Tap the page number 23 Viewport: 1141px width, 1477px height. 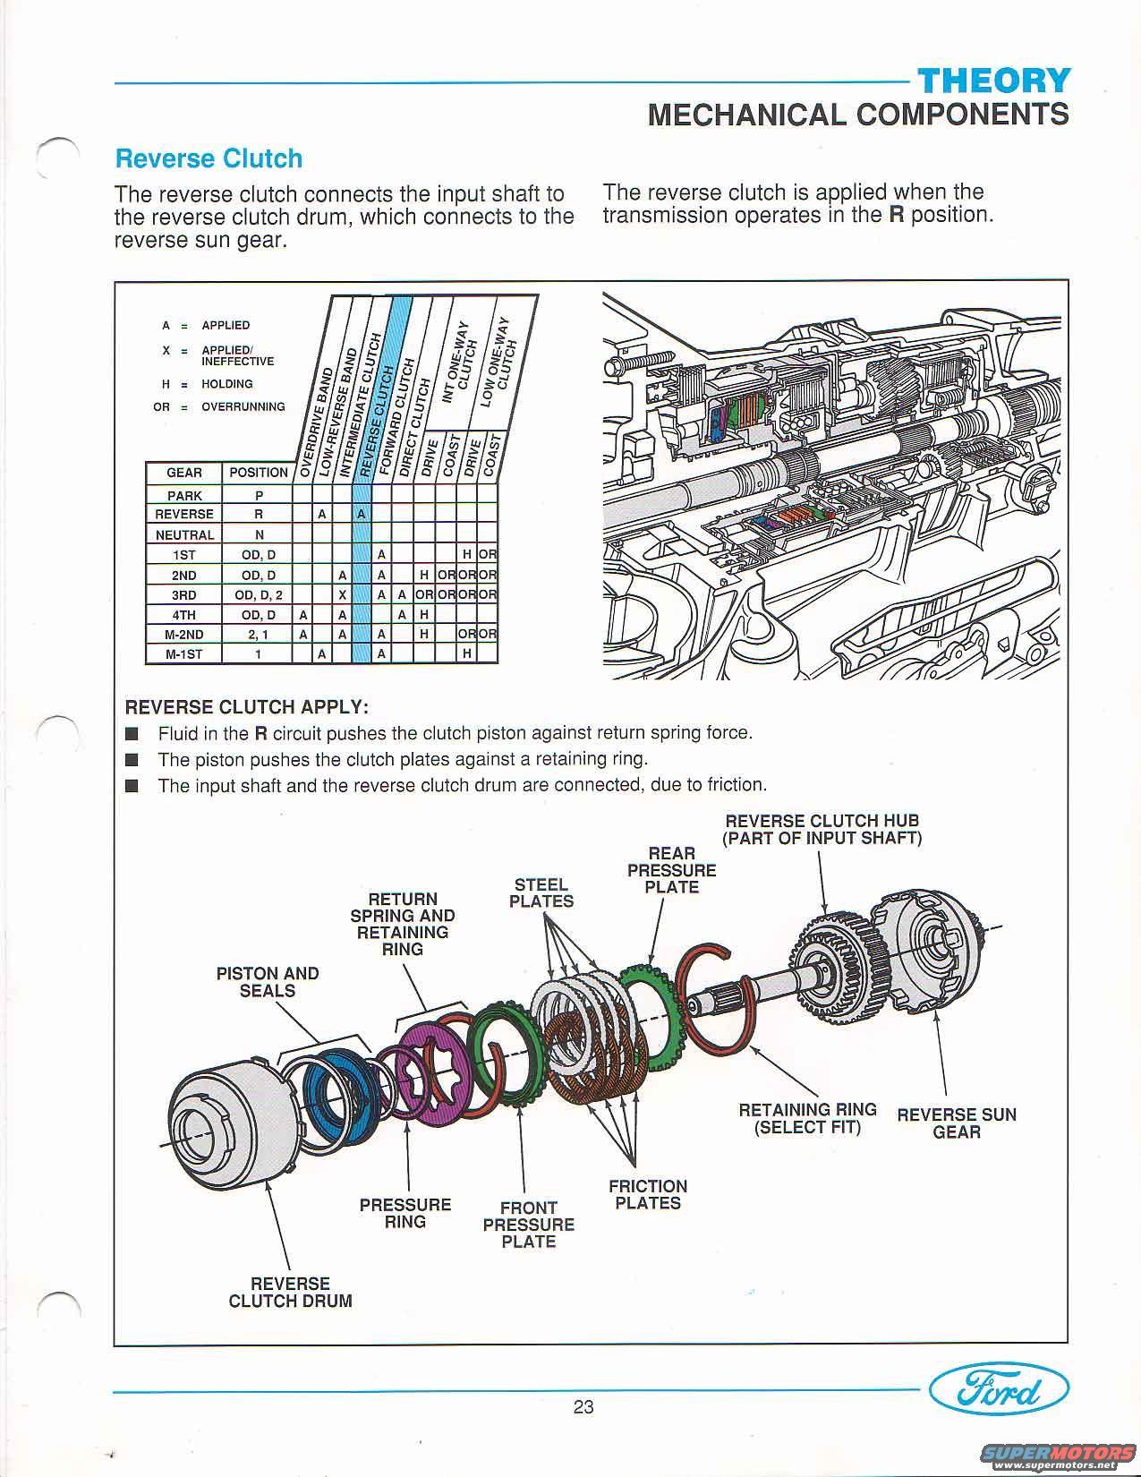click(x=583, y=1406)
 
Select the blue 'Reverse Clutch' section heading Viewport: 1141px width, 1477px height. click(x=209, y=158)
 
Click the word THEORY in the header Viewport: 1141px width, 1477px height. click(x=994, y=81)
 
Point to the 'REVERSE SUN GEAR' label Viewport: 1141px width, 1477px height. click(x=957, y=1123)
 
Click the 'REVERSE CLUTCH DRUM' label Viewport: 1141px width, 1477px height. click(x=290, y=1292)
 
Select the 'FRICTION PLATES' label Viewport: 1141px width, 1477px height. click(x=648, y=1194)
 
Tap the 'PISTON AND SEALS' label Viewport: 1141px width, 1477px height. click(x=268, y=982)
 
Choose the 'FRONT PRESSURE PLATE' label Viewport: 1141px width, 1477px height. click(x=528, y=1224)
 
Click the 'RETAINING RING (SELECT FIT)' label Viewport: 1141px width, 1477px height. click(x=807, y=1118)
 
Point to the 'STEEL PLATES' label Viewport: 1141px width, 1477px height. click(x=541, y=892)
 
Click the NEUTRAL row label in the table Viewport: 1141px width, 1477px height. click(x=184, y=534)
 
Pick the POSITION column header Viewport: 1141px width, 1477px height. click(x=259, y=472)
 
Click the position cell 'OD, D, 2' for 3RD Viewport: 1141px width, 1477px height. click(x=259, y=594)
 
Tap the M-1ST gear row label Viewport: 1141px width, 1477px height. click(x=184, y=653)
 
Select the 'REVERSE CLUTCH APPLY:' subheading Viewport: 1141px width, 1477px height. click(x=246, y=706)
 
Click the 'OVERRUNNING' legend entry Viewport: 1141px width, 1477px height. click(x=243, y=406)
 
